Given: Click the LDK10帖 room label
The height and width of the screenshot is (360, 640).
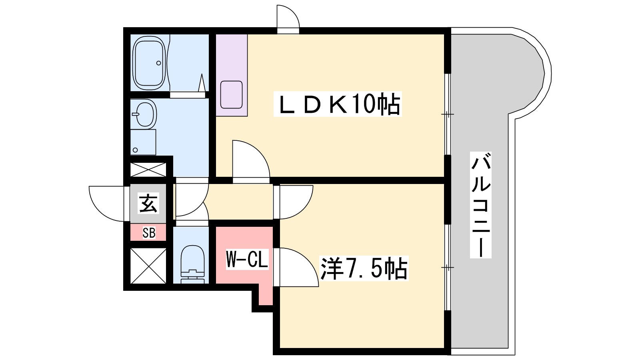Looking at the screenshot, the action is [338, 104].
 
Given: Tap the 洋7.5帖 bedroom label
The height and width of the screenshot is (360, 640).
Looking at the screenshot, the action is [364, 268].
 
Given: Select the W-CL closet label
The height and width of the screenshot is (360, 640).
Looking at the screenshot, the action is [247, 259].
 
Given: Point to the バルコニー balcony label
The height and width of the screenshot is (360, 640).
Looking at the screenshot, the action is [481, 205].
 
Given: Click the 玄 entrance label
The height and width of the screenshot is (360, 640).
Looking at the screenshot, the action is [148, 203].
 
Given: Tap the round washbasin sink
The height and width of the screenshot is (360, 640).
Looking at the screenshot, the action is [145, 114].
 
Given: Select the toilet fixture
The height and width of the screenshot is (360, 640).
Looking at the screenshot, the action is [193, 264].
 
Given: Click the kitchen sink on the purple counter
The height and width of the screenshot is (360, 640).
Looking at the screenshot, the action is [232, 94].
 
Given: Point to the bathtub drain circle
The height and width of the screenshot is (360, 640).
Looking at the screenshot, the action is [158, 63].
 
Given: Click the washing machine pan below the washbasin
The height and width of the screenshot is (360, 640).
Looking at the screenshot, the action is [143, 142].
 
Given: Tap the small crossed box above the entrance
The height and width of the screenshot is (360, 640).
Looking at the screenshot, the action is [148, 170].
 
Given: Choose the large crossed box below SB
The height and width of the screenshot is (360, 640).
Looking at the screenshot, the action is [148, 266].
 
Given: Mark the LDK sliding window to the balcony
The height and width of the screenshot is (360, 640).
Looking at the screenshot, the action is [448, 114].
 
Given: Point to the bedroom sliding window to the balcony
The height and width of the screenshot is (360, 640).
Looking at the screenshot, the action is [448, 268].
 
